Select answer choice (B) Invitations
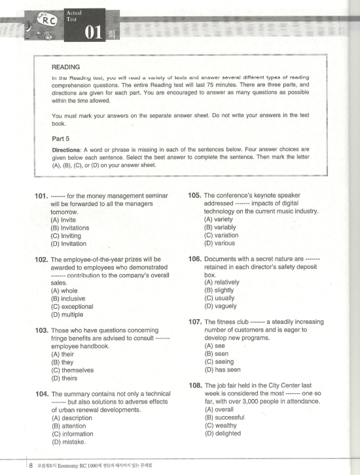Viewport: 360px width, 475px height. coord(69,228)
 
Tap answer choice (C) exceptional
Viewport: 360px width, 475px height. coord(72,306)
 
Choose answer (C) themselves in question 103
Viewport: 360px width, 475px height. coord(72,370)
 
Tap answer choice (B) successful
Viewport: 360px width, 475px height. coord(223,417)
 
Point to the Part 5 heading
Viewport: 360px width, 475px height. coord(62,138)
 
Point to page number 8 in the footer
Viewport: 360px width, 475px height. coord(31,465)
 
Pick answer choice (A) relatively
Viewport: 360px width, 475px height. coord(222,283)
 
